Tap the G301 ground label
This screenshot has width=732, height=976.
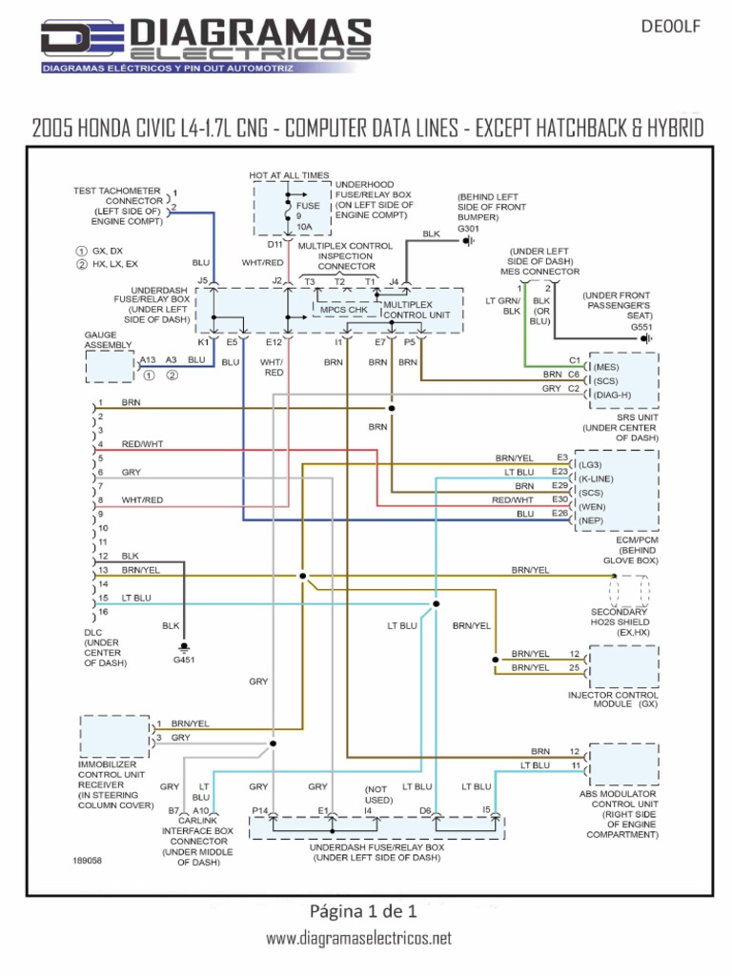(469, 229)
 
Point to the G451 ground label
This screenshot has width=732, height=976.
(184, 659)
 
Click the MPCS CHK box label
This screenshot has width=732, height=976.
(344, 310)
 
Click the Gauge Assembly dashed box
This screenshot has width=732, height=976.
(111, 365)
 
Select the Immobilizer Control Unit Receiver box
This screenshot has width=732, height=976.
(114, 736)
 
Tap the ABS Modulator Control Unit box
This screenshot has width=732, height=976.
(624, 762)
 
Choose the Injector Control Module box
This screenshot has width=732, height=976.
(624, 666)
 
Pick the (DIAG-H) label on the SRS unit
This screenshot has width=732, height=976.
(612, 395)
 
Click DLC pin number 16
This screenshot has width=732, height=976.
(102, 611)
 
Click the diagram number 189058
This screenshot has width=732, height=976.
(88, 860)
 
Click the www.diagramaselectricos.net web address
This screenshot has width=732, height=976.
(359, 939)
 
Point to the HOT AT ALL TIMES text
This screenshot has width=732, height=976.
(289, 175)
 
